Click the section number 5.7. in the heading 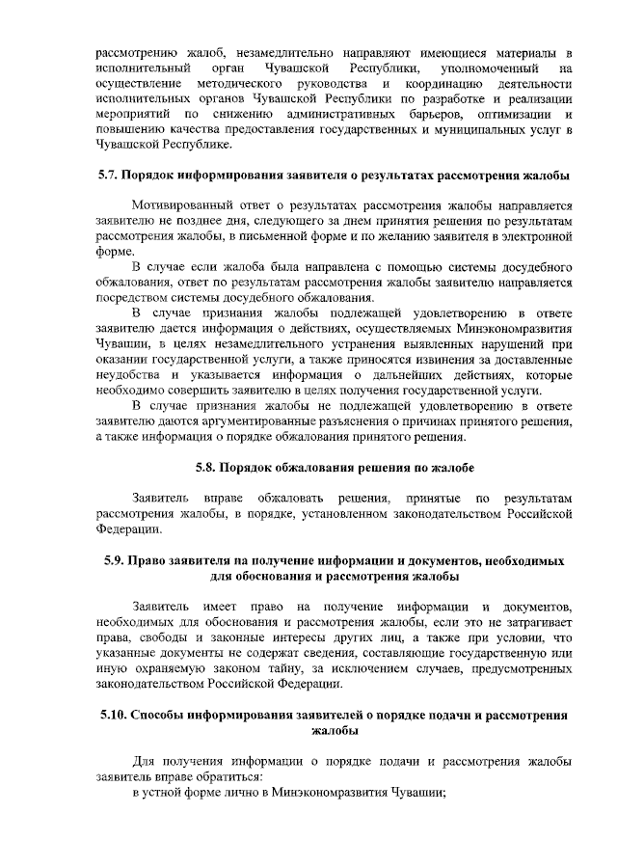pos(110,176)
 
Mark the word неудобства pos(128,373)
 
